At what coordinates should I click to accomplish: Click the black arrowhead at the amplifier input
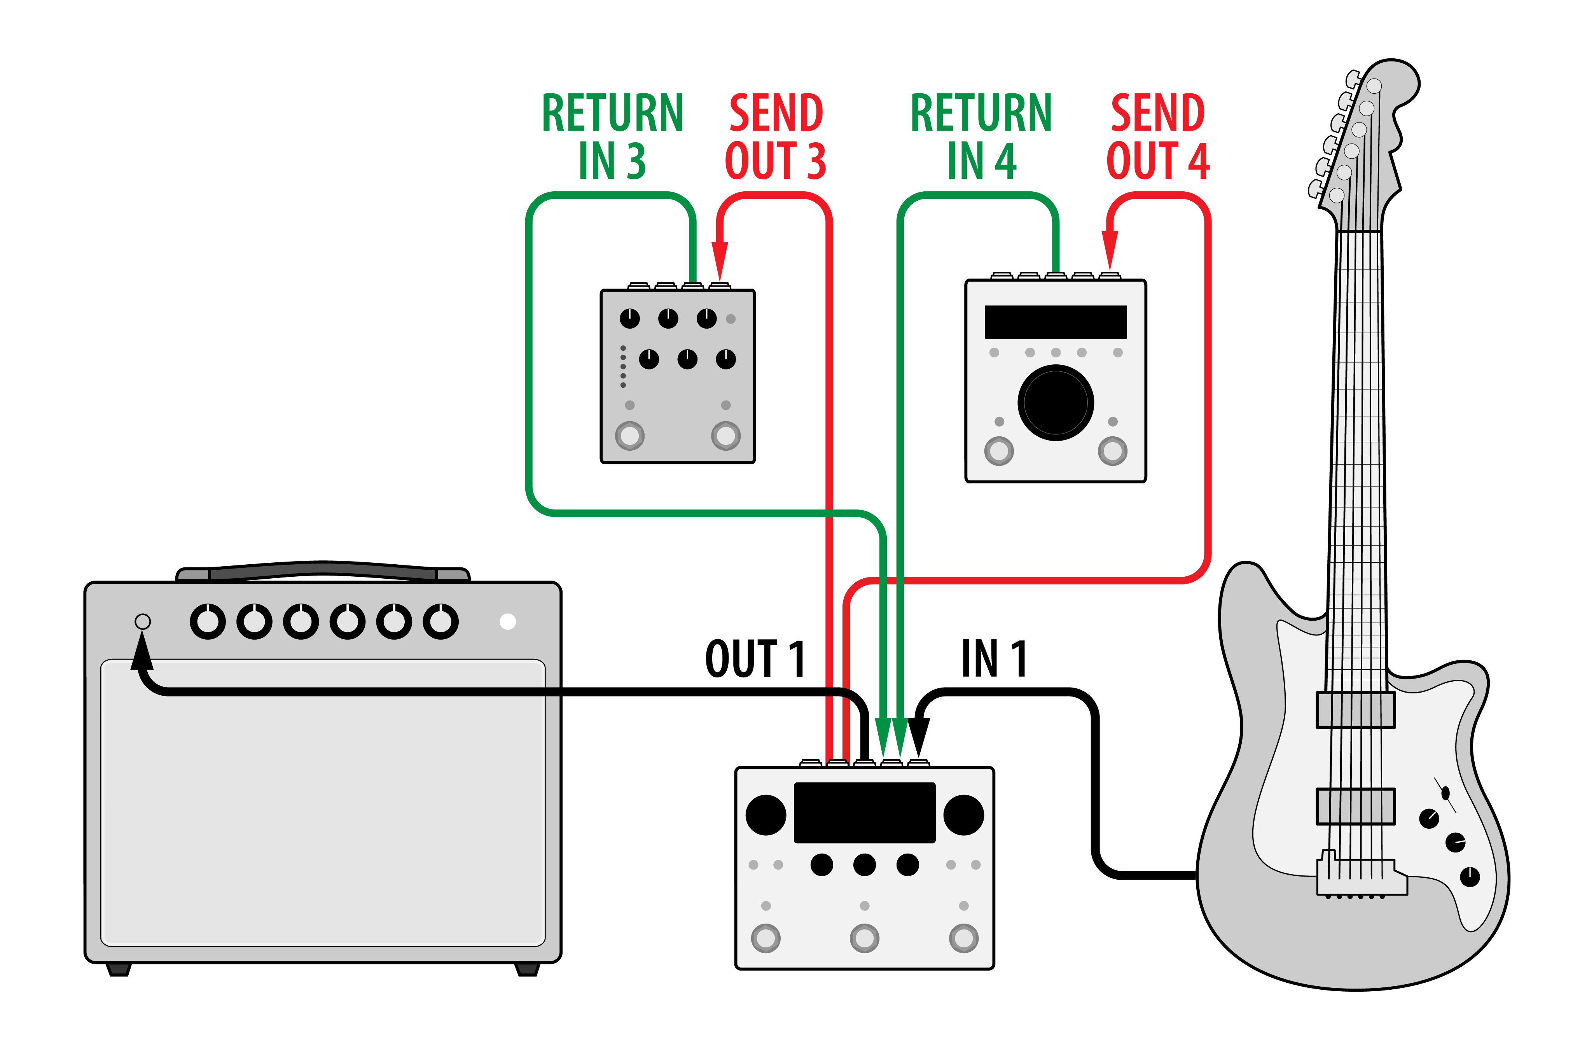[x=142, y=652]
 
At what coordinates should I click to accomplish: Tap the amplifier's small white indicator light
[x=508, y=622]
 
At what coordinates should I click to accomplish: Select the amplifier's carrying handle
[x=323, y=570]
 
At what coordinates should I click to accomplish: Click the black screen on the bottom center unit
[x=864, y=812]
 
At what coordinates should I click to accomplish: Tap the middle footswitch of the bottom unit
[x=864, y=938]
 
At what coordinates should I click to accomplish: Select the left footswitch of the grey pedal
[x=629, y=436]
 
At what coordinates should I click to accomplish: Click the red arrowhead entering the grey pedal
[x=720, y=261]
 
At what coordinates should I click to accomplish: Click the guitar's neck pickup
[x=1356, y=710]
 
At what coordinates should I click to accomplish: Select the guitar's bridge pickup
[x=1356, y=806]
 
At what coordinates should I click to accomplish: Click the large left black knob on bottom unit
[x=766, y=815]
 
